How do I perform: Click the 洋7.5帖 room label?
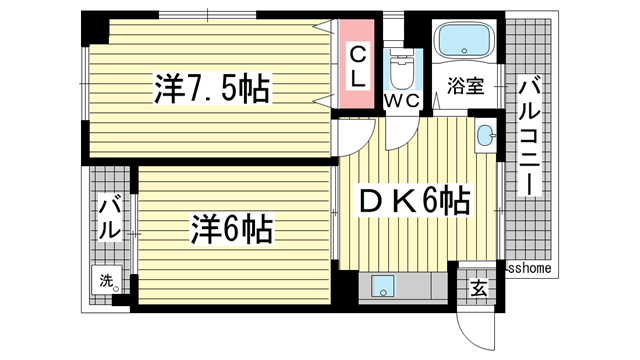point(211,89)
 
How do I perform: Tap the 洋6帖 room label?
point(231,229)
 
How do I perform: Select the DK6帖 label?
point(415,200)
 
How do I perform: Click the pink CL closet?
point(358,64)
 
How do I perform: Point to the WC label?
point(402,101)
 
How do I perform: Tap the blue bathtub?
point(464,40)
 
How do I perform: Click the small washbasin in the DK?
point(486,135)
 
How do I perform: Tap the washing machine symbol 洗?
point(107,280)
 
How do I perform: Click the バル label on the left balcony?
point(110,218)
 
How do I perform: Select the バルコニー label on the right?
point(529,138)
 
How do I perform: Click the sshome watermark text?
point(530,268)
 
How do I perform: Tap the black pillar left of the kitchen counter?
point(344,287)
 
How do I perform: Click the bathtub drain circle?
point(464,51)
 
